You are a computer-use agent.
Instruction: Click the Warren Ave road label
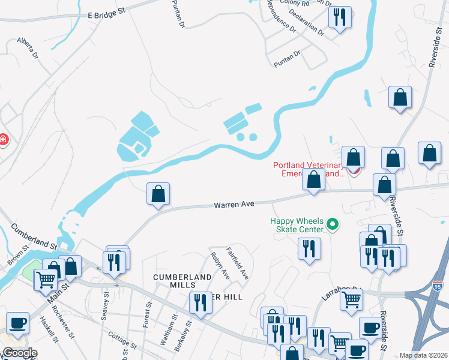234,205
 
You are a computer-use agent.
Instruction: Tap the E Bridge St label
108,13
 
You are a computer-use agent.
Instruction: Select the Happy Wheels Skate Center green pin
333,226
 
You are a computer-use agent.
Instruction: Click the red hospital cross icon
3,140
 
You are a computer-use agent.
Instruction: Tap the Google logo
19,352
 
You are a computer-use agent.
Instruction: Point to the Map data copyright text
424,355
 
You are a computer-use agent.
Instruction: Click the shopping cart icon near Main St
47,280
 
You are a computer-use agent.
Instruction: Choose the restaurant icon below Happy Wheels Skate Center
309,248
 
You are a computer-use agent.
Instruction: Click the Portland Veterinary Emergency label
307,169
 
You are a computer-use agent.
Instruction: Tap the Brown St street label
17,256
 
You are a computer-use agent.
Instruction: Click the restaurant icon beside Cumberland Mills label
200,302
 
